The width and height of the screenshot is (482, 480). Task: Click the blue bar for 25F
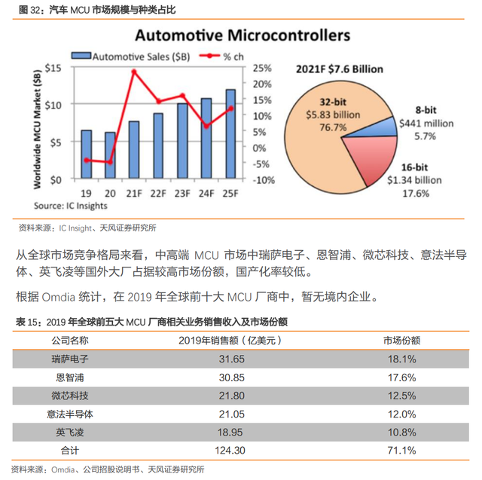tap(230, 134)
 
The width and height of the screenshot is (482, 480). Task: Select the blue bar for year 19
tap(87, 154)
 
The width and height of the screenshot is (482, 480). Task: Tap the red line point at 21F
tap(134, 72)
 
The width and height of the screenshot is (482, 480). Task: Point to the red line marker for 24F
tap(206, 126)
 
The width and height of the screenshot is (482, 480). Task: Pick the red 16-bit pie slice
tap(374, 157)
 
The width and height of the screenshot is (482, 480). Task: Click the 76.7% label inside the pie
tap(333, 127)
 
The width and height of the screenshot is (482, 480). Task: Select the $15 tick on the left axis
tap(53, 68)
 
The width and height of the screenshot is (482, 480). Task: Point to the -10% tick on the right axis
tap(264, 180)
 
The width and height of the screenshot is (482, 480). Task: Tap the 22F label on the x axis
tap(158, 194)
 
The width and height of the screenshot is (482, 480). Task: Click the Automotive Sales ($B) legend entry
tap(130, 57)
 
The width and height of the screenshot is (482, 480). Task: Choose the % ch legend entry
tap(221, 57)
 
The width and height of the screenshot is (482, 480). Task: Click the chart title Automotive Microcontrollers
tap(243, 35)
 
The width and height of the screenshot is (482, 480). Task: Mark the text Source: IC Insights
tap(71, 206)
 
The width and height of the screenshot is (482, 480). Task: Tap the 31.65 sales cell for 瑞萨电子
tap(232, 359)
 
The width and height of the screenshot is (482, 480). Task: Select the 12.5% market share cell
tap(401, 396)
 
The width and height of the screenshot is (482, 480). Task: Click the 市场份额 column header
tap(401, 341)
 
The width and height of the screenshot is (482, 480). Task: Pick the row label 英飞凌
tap(70, 433)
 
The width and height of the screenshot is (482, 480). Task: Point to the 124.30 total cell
tap(230, 451)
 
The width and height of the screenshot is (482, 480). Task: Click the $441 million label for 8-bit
tap(426, 124)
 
